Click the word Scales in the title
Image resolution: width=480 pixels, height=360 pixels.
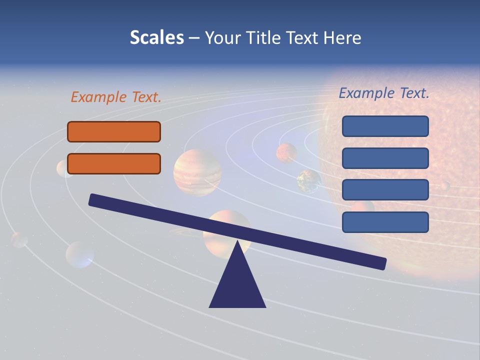156,38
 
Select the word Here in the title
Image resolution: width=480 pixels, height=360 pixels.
342,38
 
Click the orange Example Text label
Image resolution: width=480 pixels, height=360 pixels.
116,97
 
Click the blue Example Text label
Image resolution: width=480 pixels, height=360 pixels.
384,93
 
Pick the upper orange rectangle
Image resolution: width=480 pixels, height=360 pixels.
114,131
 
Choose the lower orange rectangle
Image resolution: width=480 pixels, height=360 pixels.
114,163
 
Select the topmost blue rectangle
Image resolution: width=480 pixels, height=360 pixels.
385,126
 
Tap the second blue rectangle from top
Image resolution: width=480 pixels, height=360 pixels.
385,158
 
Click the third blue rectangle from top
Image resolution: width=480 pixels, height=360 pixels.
385,190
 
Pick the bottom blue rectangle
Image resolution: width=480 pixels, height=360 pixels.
385,222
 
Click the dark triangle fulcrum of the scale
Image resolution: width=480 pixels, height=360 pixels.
237,285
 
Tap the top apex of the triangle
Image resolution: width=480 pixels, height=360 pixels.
237,243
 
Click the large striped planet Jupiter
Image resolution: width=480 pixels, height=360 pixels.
197,172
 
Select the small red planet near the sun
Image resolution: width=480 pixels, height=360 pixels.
286,153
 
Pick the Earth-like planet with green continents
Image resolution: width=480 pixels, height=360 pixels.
309,181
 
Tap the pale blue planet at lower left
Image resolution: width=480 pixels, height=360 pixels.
79,254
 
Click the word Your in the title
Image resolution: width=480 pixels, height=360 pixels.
223,38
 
